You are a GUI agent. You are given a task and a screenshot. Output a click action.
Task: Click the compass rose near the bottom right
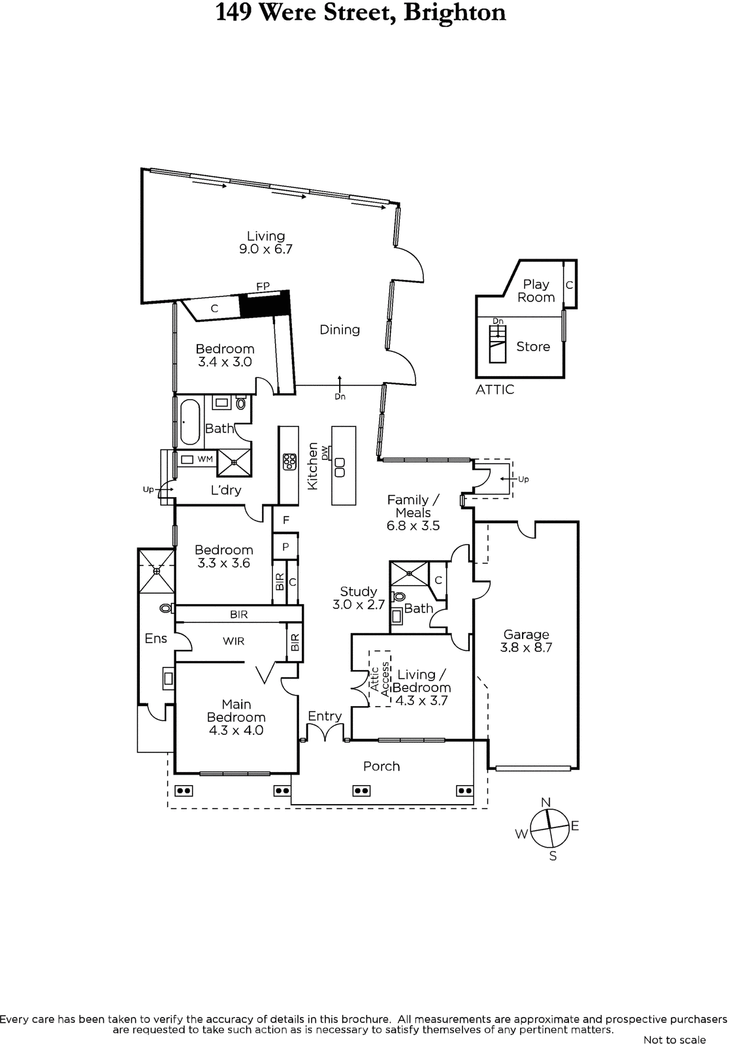click(x=550, y=828)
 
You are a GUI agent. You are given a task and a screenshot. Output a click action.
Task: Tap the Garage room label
click(x=526, y=641)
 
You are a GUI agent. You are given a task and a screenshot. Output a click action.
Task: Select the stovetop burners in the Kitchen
click(x=289, y=461)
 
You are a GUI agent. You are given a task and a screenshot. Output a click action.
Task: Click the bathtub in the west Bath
click(x=190, y=422)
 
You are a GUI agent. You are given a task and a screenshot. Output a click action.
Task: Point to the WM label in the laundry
click(x=205, y=459)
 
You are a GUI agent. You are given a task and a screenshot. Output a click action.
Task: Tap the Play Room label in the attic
click(x=536, y=291)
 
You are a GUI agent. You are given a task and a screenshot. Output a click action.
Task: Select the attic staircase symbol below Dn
click(x=498, y=344)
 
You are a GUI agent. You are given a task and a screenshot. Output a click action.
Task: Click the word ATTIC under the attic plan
click(x=494, y=389)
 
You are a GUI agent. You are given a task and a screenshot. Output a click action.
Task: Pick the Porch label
click(x=381, y=766)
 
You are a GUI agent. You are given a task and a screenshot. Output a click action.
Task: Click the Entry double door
click(x=325, y=731)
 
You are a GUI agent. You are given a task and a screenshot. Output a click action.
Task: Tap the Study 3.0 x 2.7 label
click(x=359, y=598)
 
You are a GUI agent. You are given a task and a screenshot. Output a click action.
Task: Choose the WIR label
click(x=233, y=641)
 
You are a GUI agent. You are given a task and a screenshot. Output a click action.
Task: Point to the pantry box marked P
click(x=285, y=547)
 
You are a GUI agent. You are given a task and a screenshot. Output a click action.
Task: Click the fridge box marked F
click(x=285, y=520)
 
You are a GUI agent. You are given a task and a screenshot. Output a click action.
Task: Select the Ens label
click(x=156, y=638)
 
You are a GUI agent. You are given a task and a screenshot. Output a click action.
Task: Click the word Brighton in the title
click(x=455, y=12)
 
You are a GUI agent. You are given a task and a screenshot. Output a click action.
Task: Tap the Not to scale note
click(x=674, y=1039)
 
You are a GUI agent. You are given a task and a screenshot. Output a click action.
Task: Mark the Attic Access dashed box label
click(x=380, y=679)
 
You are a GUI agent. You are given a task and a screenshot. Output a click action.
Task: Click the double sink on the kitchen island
click(x=340, y=468)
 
